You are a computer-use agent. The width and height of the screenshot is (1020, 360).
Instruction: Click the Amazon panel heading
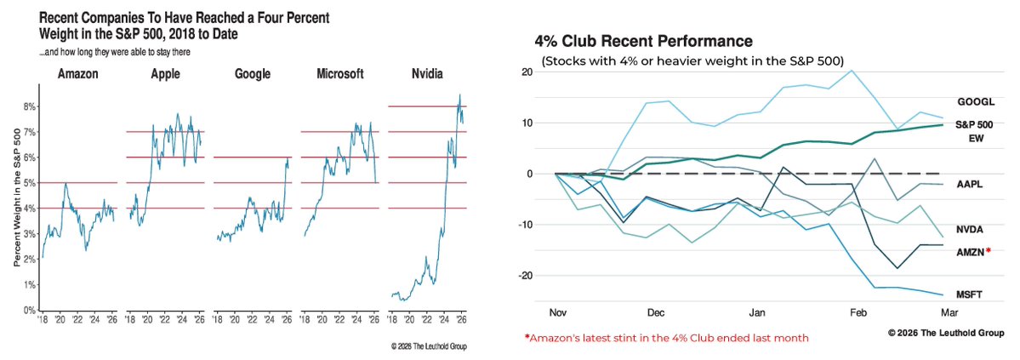[78, 74]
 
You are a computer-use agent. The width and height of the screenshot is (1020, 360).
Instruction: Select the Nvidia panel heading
[426, 74]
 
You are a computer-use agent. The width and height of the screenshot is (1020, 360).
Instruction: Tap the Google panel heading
[252, 74]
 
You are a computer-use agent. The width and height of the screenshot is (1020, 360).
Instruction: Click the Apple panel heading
[165, 74]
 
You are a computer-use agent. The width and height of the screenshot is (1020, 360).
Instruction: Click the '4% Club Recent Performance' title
[643, 41]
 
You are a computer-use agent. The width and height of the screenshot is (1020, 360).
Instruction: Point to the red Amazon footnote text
[667, 338]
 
